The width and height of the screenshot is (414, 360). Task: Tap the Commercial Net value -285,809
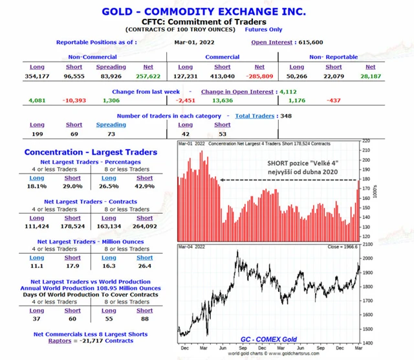coord(259,76)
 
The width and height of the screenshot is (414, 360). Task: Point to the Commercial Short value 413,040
coord(222,76)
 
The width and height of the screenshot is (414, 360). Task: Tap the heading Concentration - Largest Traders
coord(91,152)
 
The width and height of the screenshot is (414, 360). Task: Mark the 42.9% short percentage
coord(145,186)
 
